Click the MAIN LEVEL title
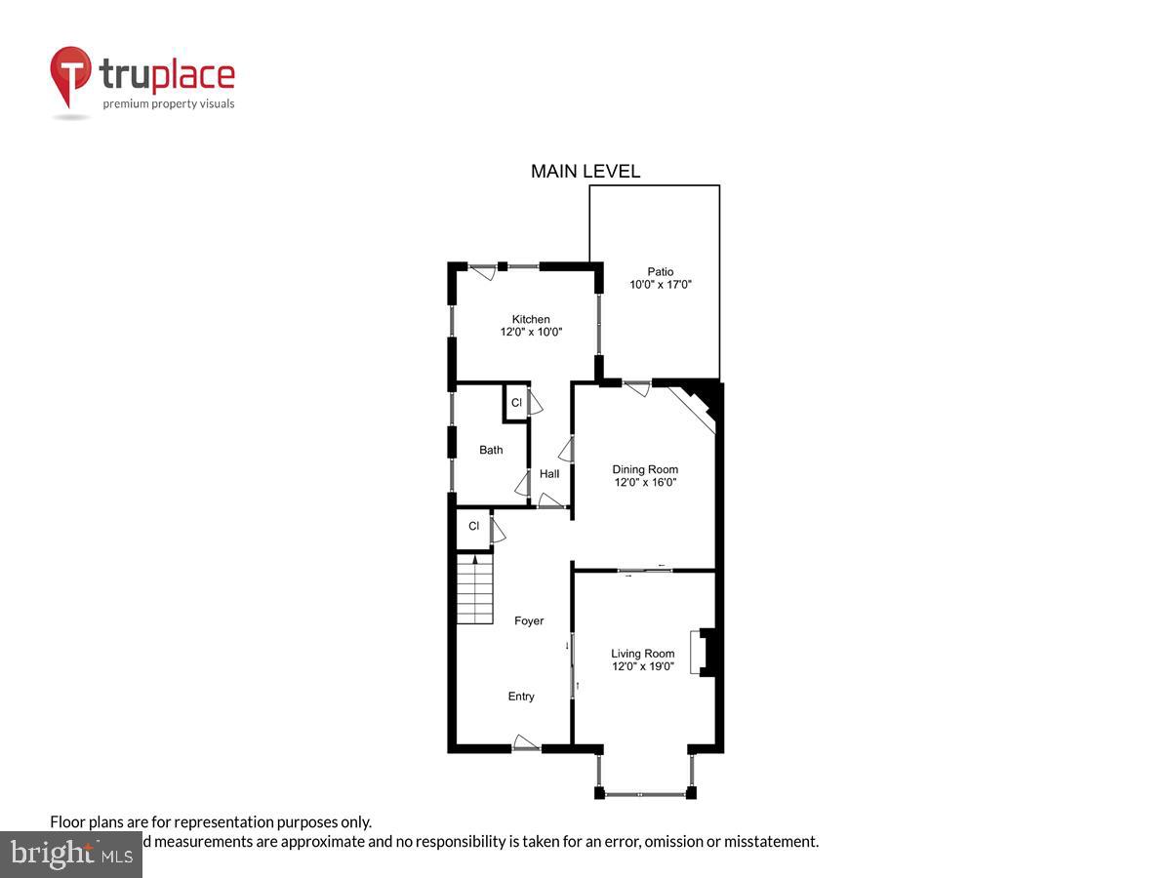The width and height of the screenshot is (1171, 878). point(585,172)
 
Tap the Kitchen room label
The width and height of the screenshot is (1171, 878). point(531,319)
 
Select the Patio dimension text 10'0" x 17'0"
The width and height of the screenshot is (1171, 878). point(661,285)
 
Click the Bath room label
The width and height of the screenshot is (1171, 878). point(491,450)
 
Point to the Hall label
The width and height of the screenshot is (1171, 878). point(549,474)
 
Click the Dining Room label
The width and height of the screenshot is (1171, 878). point(645,469)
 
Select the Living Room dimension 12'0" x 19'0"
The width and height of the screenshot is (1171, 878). point(642,666)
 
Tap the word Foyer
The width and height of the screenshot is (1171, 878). point(529,620)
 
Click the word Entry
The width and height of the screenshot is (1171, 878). point(521,697)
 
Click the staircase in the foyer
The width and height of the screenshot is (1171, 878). point(475,590)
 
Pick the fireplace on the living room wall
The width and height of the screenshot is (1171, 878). point(706,653)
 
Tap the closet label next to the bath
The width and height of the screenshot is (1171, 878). point(516,403)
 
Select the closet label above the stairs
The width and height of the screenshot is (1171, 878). point(473,527)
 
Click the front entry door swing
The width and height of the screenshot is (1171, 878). point(526,742)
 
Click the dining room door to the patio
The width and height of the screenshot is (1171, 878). point(636,387)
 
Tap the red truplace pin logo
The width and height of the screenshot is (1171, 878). point(70,76)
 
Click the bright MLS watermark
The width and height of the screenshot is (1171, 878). point(70,855)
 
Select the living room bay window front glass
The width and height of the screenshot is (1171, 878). point(644,795)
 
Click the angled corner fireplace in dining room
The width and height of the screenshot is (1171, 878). point(697,405)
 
